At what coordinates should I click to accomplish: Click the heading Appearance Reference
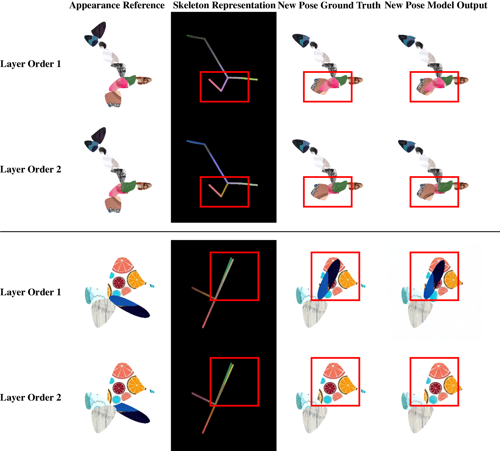pos(117,5)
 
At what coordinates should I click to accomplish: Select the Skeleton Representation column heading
pos(224,5)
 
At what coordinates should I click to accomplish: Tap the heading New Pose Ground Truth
pos(329,5)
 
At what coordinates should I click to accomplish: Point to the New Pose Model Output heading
pos(436,5)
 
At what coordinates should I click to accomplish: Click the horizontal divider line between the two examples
pos(250,232)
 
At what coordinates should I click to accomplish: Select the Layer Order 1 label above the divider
pos(30,64)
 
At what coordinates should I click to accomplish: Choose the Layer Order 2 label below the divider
pos(30,397)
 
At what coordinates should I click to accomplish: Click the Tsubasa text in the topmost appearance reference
pos(114,105)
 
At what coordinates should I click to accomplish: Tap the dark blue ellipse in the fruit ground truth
pos(329,279)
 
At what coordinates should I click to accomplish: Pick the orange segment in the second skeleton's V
pos(224,190)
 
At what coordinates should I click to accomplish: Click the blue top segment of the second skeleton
pos(196,143)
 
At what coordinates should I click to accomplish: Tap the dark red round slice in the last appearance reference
pos(119,388)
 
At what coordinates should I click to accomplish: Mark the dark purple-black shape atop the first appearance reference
pos(99,30)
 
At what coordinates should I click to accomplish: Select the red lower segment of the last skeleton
pos(209,419)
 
